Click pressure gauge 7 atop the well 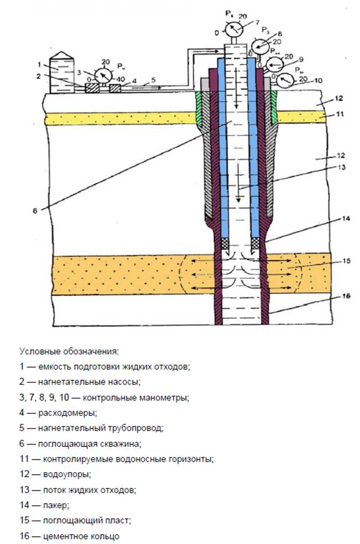click(x=235, y=28)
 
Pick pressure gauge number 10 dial click(x=285, y=81)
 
